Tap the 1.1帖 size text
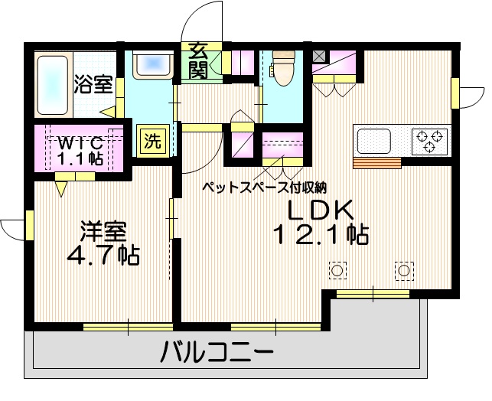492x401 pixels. [79, 158]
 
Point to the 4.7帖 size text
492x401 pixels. [105, 256]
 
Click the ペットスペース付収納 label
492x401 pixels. [265, 186]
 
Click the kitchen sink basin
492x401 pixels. [375, 141]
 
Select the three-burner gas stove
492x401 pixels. [430, 140]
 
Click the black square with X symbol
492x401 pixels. [319, 56]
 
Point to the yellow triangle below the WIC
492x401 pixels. [60, 186]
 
